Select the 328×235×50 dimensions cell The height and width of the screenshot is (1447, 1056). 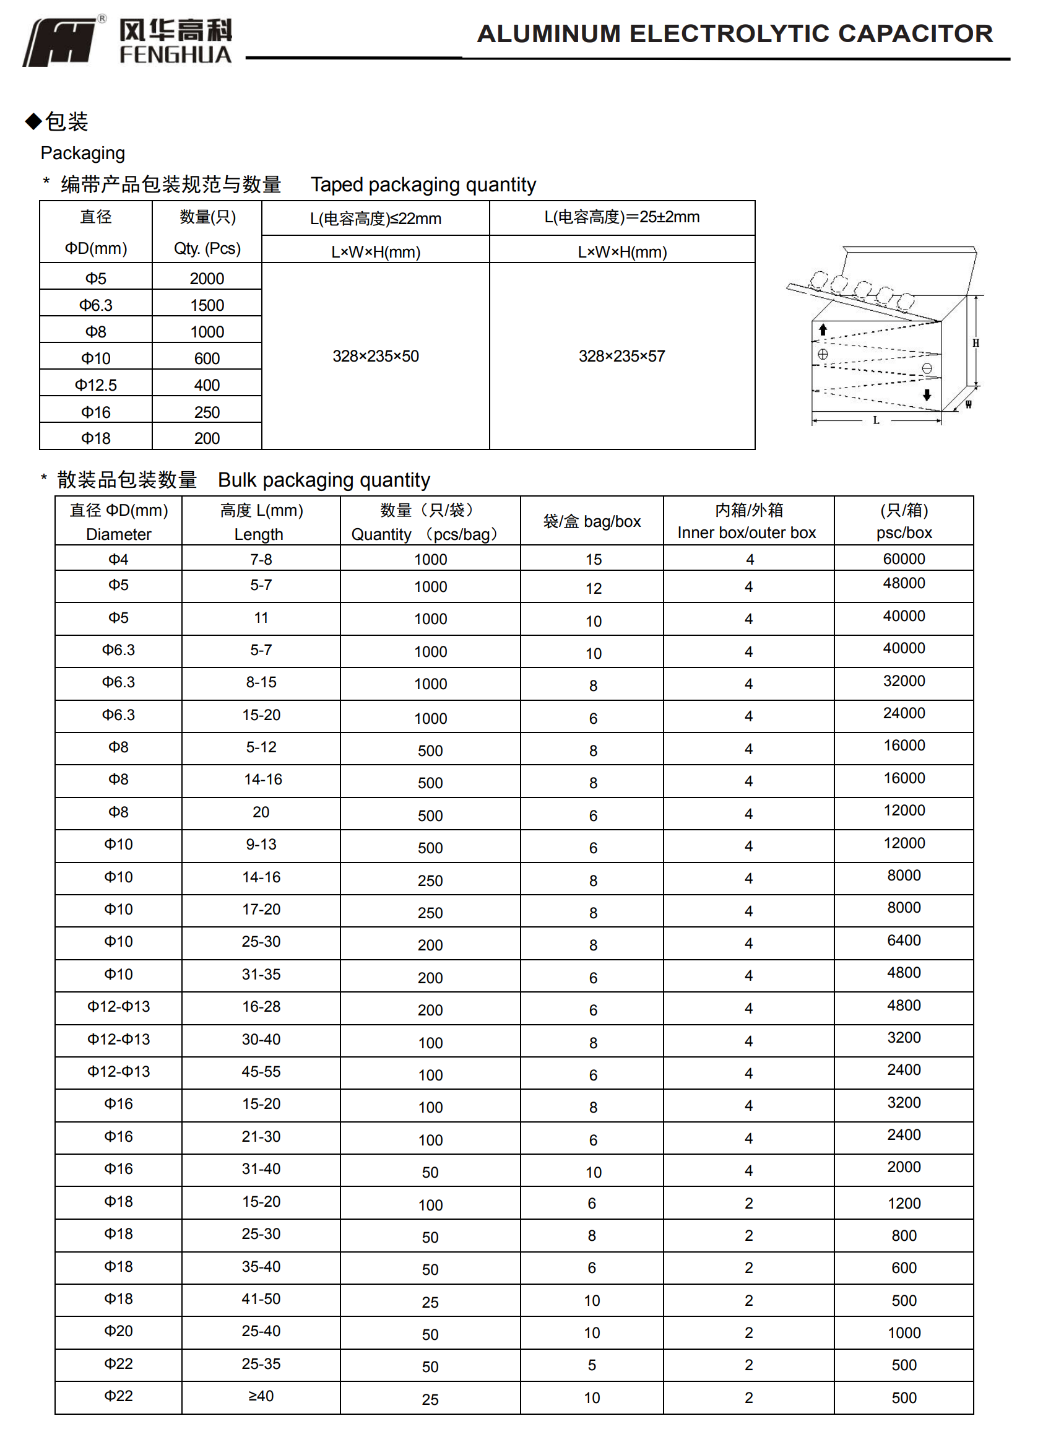[x=375, y=356]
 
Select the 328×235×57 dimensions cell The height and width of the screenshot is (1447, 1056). [x=621, y=356]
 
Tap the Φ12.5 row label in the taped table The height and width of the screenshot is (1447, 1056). [x=96, y=385]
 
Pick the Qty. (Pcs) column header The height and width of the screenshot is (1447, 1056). [x=207, y=248]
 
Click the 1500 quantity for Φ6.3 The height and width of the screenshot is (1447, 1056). [x=207, y=305]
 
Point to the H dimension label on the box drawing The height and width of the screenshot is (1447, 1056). [x=975, y=344]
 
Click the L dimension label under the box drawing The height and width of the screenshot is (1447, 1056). [x=876, y=420]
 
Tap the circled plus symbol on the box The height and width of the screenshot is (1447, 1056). [x=823, y=354]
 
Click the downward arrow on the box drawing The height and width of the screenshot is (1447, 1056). [x=926, y=394]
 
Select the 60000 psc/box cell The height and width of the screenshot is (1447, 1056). [x=903, y=559]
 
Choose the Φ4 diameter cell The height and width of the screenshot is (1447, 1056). [x=118, y=560]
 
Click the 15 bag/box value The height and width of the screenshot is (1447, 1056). [x=593, y=560]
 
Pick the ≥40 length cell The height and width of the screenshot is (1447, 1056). [x=261, y=1396]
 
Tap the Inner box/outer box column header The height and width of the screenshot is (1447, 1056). [x=747, y=532]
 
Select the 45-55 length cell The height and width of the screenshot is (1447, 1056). [x=261, y=1071]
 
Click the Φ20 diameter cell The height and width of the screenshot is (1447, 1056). [x=118, y=1331]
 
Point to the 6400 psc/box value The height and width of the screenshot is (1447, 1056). [x=903, y=940]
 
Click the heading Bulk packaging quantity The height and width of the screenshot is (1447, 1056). [x=324, y=480]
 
